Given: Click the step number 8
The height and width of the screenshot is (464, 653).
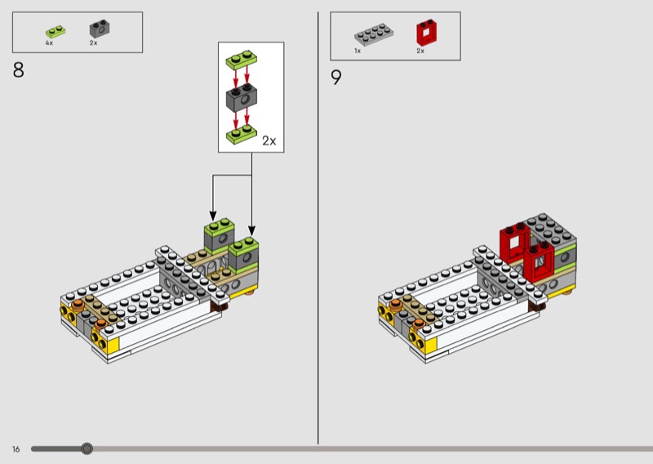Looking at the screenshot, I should pyautogui.click(x=18, y=70).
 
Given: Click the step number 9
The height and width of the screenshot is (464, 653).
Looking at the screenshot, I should pyautogui.click(x=336, y=78).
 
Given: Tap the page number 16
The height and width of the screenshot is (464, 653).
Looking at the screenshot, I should pyautogui.click(x=16, y=448).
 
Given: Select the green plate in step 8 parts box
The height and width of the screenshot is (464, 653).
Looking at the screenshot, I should pyautogui.click(x=55, y=32).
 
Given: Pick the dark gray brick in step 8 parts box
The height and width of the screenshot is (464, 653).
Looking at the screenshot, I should pyautogui.click(x=100, y=29).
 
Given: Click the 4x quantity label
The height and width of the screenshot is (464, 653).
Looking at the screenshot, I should pyautogui.click(x=49, y=42).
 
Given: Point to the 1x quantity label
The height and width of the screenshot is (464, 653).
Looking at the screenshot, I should pyautogui.click(x=358, y=51).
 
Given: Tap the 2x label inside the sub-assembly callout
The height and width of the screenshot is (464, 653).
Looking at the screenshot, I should pyautogui.click(x=269, y=141).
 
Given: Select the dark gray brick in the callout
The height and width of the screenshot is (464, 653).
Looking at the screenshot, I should pyautogui.click(x=242, y=98).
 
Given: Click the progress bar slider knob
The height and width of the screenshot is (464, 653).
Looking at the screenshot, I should pyautogui.click(x=87, y=448).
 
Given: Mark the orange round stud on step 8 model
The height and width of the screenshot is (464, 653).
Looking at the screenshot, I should pyautogui.click(x=78, y=305).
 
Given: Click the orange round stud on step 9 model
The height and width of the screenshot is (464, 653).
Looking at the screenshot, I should pyautogui.click(x=396, y=305).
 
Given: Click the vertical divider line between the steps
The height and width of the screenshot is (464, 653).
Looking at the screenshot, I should pyautogui.click(x=318, y=229).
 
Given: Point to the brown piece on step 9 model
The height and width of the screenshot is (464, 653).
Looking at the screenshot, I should pyautogui.click(x=536, y=305).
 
